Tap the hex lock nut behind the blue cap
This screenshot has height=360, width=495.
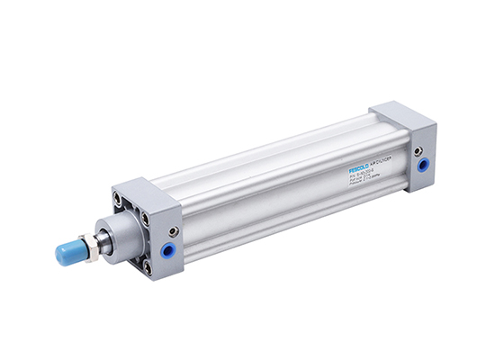[x=89, y=244]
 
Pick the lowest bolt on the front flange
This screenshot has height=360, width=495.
[x=147, y=267]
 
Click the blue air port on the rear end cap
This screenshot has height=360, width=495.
[x=423, y=166]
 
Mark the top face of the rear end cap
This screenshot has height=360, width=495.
[x=400, y=114]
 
